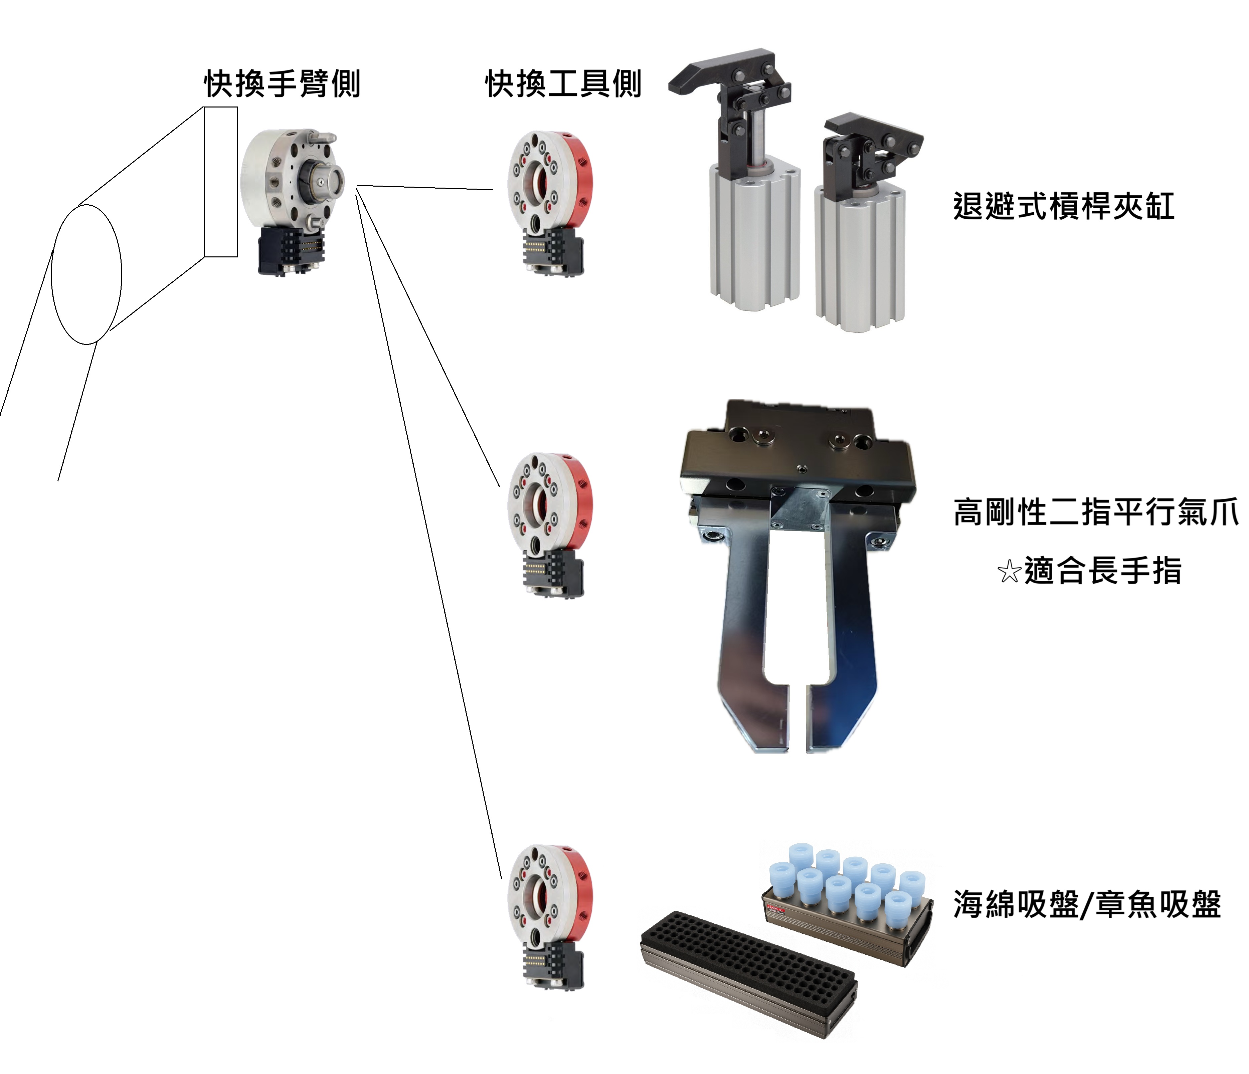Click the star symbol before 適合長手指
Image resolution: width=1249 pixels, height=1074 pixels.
[x=1009, y=571]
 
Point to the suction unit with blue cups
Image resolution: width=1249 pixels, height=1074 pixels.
[x=850, y=904]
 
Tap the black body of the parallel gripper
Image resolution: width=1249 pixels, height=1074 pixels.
[x=796, y=458]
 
